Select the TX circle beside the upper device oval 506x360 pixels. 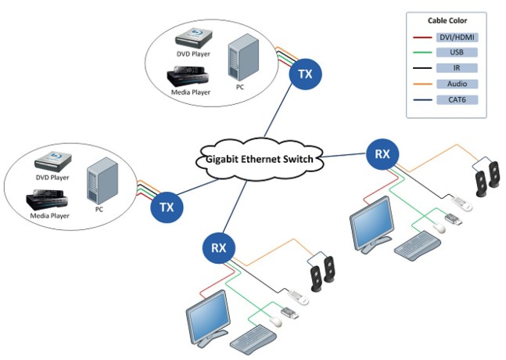pos(306,75)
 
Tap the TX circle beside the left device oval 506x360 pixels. pos(167,207)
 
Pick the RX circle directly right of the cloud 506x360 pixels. pos(382,154)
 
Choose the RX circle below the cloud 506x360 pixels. pos(219,249)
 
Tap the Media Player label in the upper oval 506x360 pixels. pos(190,92)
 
